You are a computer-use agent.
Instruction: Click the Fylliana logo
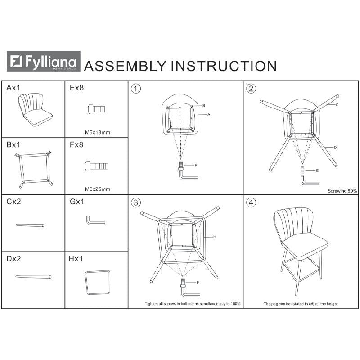click(43, 61)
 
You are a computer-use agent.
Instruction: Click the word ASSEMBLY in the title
click(125, 66)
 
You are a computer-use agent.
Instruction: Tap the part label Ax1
click(13, 88)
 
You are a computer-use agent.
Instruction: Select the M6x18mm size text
click(98, 132)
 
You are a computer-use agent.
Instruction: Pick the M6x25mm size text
click(98, 189)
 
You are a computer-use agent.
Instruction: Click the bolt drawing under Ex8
click(97, 109)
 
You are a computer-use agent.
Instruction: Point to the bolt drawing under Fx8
click(96, 166)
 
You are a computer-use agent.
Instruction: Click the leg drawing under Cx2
click(30, 225)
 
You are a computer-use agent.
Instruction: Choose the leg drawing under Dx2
click(33, 276)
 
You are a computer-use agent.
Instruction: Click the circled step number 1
click(136, 89)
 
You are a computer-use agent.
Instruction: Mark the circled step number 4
click(251, 203)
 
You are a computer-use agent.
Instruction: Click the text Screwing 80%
click(342, 191)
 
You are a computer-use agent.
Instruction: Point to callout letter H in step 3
click(215, 237)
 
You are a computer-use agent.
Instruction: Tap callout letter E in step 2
click(317, 171)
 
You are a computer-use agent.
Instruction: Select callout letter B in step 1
click(204, 106)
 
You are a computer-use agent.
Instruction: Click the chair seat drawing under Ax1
click(35, 110)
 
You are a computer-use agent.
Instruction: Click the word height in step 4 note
click(332, 304)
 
